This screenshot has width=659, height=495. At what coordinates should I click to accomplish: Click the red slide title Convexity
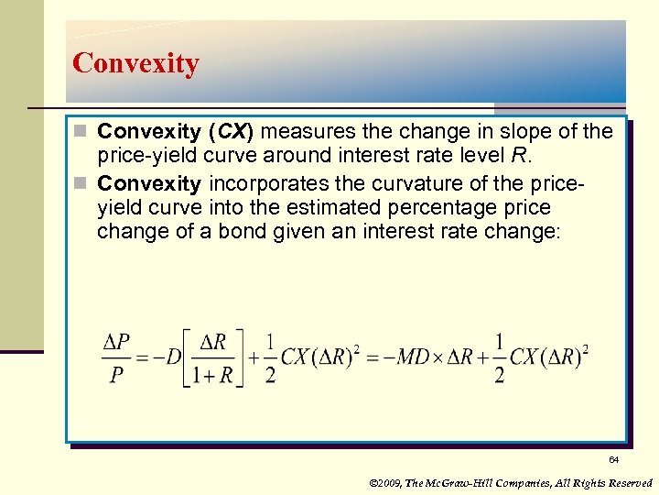pos(135,63)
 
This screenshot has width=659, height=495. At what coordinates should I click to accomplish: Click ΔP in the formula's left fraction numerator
pos(116,343)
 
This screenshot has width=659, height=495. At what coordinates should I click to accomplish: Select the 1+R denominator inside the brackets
pos(212,374)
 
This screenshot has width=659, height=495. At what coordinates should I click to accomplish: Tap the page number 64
pos(613,459)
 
